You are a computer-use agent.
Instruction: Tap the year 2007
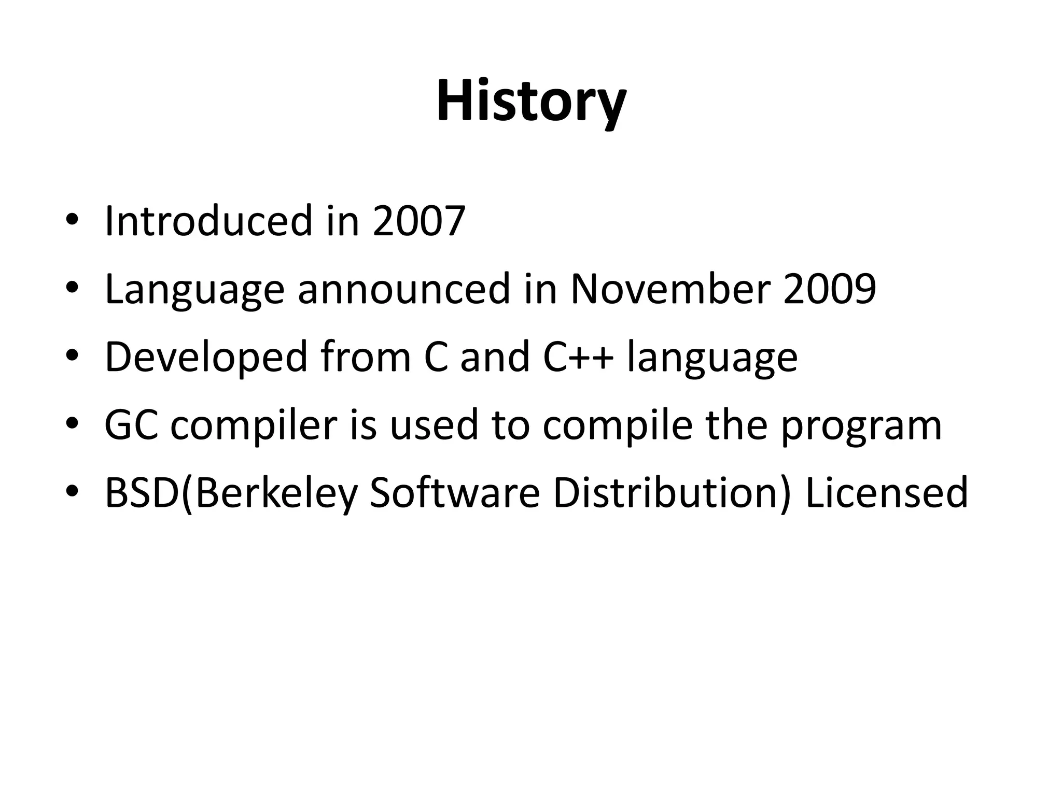coord(419,221)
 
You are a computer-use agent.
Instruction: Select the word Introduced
coord(209,221)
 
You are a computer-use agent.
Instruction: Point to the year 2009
coord(830,289)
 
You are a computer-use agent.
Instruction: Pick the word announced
coord(404,289)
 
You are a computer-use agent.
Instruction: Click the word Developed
coord(206,358)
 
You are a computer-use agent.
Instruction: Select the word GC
coord(131,425)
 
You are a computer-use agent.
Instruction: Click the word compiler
coord(254,426)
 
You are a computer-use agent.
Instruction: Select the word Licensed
coord(887,493)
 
